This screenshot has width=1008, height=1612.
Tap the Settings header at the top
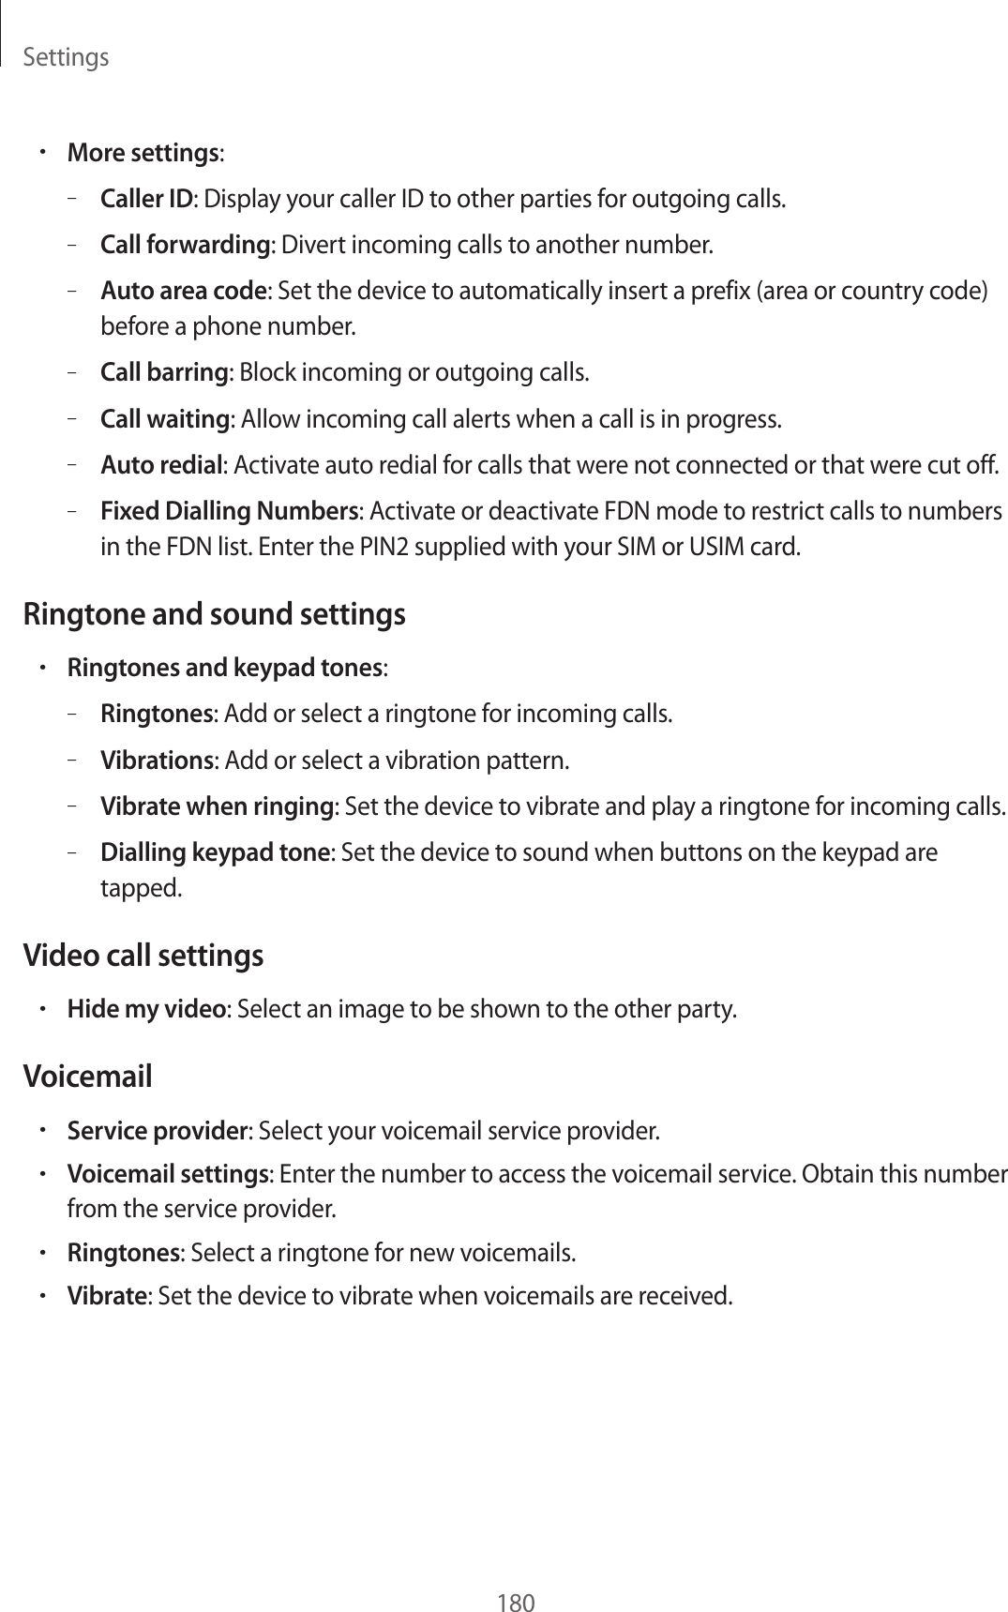pos(66,58)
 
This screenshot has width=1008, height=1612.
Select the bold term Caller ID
pos(146,200)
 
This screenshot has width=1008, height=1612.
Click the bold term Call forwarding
pos(185,246)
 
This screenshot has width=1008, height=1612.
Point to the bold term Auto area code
pos(183,291)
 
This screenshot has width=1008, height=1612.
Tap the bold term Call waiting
pos(165,417)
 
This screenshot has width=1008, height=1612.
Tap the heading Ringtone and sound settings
pos(214,615)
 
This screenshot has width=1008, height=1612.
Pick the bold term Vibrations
pos(157,759)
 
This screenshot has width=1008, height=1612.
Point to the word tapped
pos(142,887)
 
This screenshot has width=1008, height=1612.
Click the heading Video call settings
pos(143,956)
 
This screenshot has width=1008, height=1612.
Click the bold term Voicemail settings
pos(167,1175)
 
